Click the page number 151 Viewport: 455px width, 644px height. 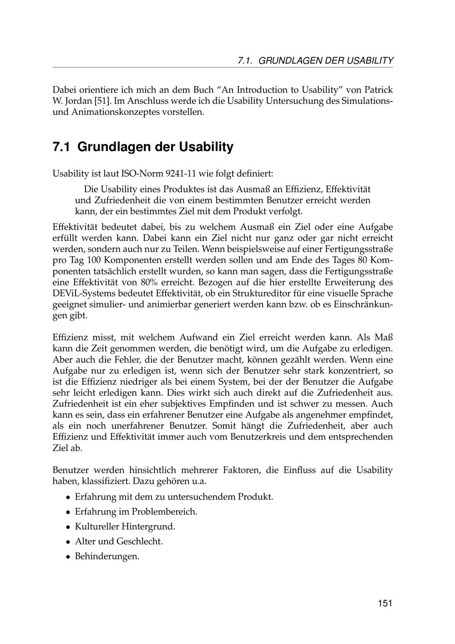point(384,603)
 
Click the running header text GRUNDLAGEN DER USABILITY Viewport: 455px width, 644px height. point(326,61)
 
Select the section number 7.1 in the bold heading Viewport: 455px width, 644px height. point(62,147)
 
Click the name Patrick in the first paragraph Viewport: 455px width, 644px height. point(377,90)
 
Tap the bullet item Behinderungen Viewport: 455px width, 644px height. point(107,556)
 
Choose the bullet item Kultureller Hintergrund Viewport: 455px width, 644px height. point(125,526)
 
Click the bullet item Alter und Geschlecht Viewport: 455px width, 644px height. point(118,542)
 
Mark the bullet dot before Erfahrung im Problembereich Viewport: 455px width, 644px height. point(67,512)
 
